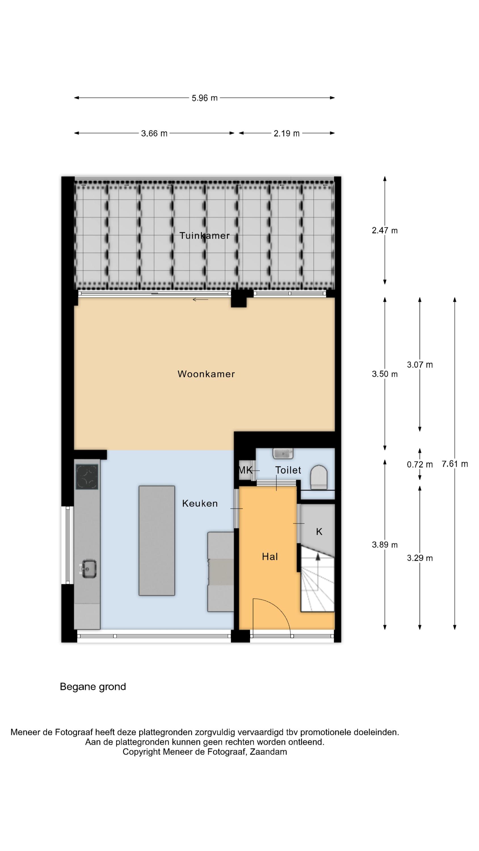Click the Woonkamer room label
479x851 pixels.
206,374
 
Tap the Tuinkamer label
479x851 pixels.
204,235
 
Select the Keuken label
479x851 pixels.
200,504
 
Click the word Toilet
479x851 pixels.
288,470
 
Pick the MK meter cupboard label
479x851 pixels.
245,470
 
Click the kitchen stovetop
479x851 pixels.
87,477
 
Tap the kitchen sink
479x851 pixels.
89,569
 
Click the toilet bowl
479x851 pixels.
319,477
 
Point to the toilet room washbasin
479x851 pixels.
283,453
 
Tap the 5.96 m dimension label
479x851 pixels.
205,98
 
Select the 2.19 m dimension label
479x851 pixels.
287,133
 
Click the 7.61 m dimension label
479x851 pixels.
455,464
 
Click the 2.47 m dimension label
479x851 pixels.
385,231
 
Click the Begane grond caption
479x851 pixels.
93,687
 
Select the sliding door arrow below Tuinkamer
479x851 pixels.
200,300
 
